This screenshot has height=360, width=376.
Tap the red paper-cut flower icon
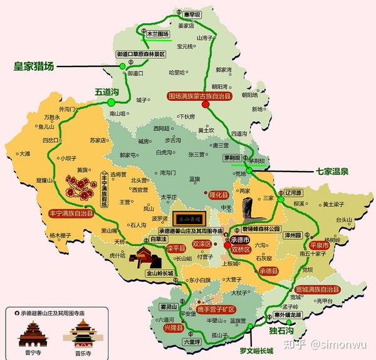[80, 186]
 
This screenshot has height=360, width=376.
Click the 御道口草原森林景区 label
[141, 54]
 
